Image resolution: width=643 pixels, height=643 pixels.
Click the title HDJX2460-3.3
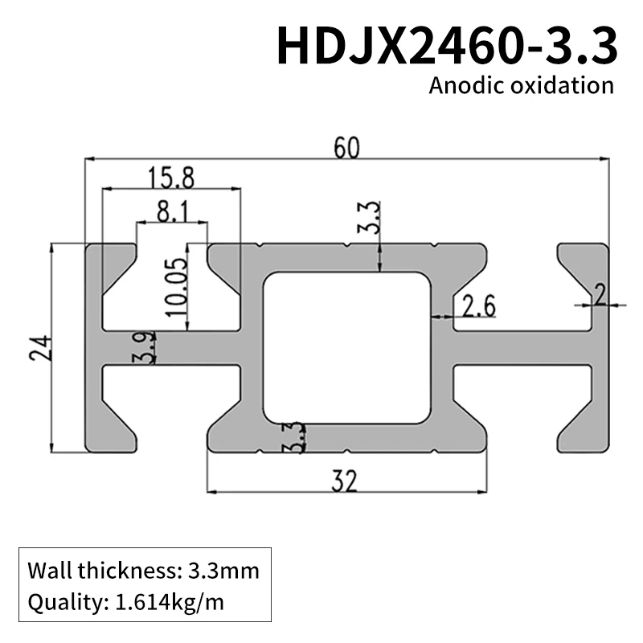pos(447,45)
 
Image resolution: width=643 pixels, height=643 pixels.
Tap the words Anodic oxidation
pos(521,86)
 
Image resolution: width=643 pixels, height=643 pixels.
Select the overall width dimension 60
pos(346,148)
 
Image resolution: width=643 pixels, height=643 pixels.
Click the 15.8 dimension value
pos(170,177)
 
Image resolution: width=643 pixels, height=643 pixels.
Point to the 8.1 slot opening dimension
pos(172,212)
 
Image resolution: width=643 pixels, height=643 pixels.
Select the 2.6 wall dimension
pos(479,306)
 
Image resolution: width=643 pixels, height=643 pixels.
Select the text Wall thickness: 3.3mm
pos(144,571)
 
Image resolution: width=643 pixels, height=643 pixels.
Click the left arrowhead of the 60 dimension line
pos(90,159)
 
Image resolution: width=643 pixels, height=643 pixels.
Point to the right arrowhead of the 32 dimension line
pos(485,490)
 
